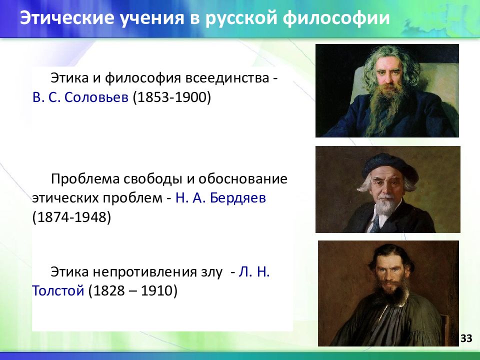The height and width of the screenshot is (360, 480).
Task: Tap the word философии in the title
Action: click(x=336, y=18)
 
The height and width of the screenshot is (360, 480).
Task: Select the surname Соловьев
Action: click(x=96, y=97)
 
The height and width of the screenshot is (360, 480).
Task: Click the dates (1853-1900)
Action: click(x=171, y=97)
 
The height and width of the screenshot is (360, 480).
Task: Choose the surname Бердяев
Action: click(x=238, y=198)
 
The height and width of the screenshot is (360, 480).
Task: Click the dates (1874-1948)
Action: click(x=71, y=217)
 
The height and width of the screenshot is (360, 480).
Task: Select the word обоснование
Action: click(x=243, y=179)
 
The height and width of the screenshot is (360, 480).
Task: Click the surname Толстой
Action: click(x=58, y=290)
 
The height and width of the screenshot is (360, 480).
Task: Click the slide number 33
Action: click(x=466, y=338)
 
